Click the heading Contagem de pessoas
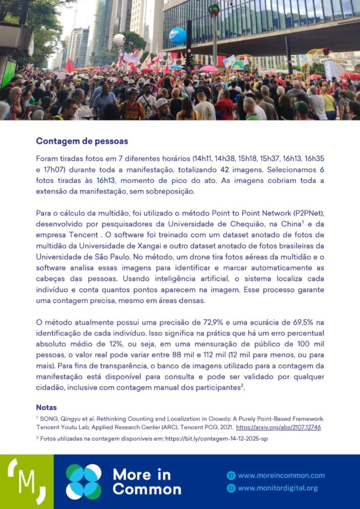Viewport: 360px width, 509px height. [82, 141]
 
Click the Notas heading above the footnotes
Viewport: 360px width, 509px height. [46, 408]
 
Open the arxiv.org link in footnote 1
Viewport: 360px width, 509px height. [278, 427]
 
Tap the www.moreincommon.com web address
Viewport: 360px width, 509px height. [281, 475]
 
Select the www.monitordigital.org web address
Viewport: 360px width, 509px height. [277, 488]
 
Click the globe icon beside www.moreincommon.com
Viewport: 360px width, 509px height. [231, 475]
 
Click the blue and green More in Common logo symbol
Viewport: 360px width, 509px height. [84, 482]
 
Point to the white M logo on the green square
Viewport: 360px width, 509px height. [26, 481]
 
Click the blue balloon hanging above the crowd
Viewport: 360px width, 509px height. [178, 36]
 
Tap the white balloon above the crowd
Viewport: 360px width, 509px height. [119, 40]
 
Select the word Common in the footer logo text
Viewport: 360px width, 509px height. [147, 489]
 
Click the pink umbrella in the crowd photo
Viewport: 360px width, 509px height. [209, 69]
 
